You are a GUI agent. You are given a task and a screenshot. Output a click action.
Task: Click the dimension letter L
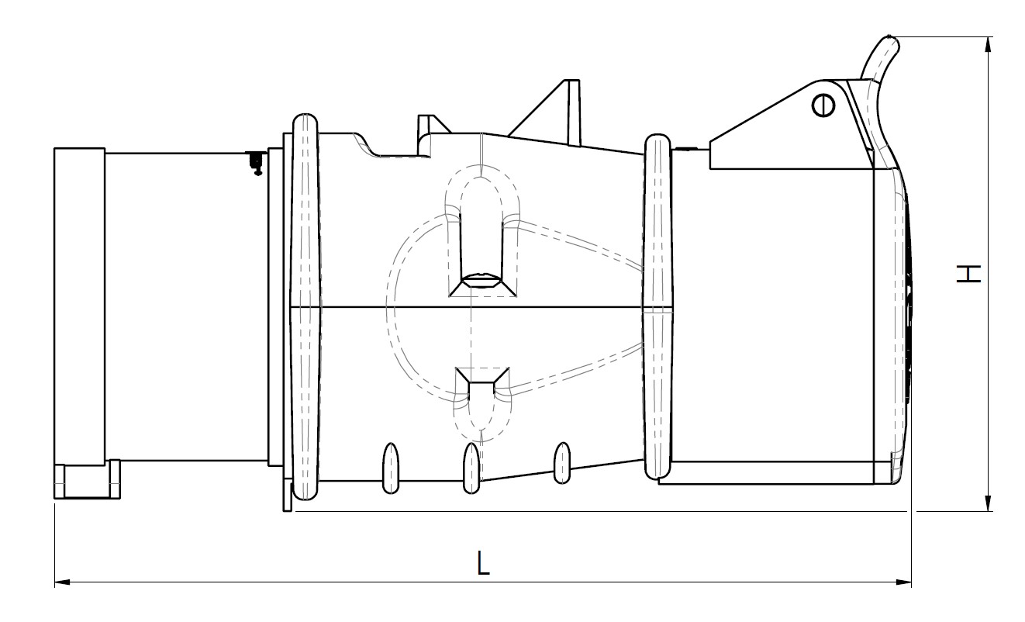pos(483,562)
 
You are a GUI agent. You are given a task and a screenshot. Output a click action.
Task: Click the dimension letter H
pos(968,274)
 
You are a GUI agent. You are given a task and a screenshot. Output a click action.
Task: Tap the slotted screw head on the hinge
pos(823,105)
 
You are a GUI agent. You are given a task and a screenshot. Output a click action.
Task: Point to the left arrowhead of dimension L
pos(62,582)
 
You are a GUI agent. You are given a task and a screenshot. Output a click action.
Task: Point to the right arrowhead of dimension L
pos(903,582)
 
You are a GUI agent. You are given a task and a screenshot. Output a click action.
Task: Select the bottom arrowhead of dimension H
pos(989,503)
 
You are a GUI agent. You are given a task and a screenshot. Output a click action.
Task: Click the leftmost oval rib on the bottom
pos(390,468)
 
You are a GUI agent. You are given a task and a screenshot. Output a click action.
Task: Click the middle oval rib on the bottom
pos(471,468)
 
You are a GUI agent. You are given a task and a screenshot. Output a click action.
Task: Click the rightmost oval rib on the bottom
pos(562,463)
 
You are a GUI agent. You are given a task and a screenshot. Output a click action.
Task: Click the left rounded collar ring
pos(305,306)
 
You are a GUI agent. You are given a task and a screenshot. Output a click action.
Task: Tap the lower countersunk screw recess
pos(481,381)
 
